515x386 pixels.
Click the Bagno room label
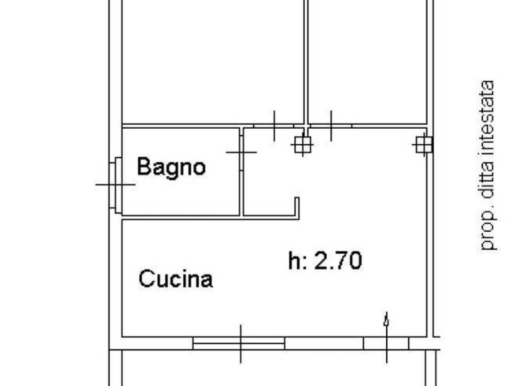pos(171,166)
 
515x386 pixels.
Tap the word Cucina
pos(176,278)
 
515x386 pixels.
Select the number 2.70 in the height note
pos(338,261)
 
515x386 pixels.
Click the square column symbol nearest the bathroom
pos(302,145)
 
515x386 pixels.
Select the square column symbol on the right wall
pos(423,145)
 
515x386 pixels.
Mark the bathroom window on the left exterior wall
pos(116,184)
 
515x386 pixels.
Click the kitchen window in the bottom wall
pos(239,344)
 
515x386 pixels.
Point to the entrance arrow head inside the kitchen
pos(386,319)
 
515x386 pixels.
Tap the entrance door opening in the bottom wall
pos(386,344)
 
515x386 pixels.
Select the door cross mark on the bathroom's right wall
pos(241,152)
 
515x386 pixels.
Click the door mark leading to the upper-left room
pos(274,126)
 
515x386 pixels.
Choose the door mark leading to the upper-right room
pos(331,126)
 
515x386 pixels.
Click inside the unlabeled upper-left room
pos(212,60)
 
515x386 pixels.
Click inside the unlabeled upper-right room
pos(367,60)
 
